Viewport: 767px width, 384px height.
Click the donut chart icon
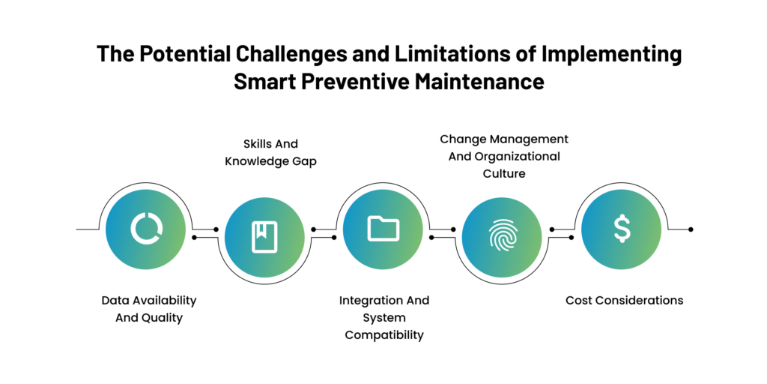pos(147,229)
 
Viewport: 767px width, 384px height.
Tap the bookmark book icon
pos(264,237)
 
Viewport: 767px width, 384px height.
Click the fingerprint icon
pos(503,235)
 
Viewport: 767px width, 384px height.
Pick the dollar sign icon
pos(622,229)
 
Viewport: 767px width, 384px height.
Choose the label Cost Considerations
pos(624,300)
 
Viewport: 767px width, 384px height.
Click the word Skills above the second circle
pos(257,143)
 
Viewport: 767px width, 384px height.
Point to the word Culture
pos(504,173)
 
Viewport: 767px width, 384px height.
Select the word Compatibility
pos(384,335)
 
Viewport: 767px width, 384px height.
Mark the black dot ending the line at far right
pos(691,229)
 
